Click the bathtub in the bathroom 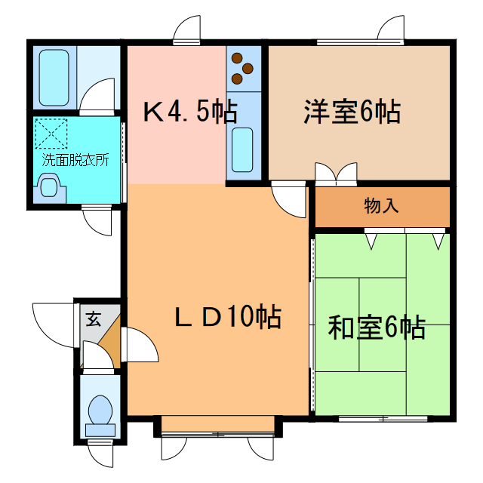tap(54, 77)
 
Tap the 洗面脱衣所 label tap(75, 160)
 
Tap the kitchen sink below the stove tap(242, 149)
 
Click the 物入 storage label tap(381, 205)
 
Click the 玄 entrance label tap(92, 318)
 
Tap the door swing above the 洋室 tap(392, 30)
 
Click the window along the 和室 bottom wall tap(382, 417)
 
